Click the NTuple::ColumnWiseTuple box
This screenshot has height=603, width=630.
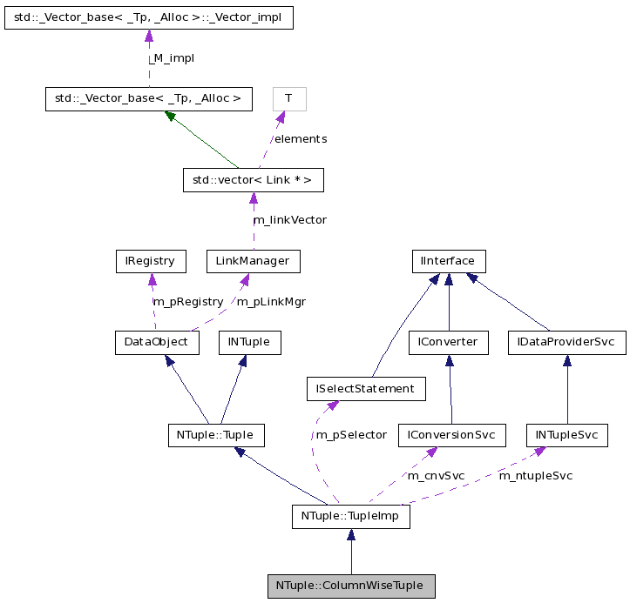pyautogui.click(x=350, y=586)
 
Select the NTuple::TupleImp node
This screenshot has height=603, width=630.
pyautogui.click(x=350, y=517)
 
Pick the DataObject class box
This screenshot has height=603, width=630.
pyautogui.click(x=157, y=342)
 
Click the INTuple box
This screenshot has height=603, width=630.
pyautogui.click(x=249, y=342)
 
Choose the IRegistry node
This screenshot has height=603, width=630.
pyautogui.click(x=151, y=260)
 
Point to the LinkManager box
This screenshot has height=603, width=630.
pyautogui.click(x=253, y=260)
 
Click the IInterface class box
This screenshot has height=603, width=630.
pyautogui.click(x=448, y=260)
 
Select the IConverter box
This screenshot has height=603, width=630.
pyautogui.click(x=449, y=342)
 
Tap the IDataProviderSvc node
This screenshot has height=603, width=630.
pyautogui.click(x=566, y=342)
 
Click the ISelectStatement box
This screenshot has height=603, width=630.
pyautogui.click(x=366, y=388)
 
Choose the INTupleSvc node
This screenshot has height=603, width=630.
pyautogui.click(x=566, y=434)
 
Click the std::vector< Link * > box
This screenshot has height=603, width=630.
pyautogui.click(x=253, y=180)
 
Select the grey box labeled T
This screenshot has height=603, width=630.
pyautogui.click(x=288, y=98)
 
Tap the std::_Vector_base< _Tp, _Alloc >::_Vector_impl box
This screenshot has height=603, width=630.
pyautogui.click(x=148, y=17)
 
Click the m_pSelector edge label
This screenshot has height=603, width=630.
pyautogui.click(x=351, y=434)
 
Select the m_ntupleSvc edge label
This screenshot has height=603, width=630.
pyautogui.click(x=535, y=476)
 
